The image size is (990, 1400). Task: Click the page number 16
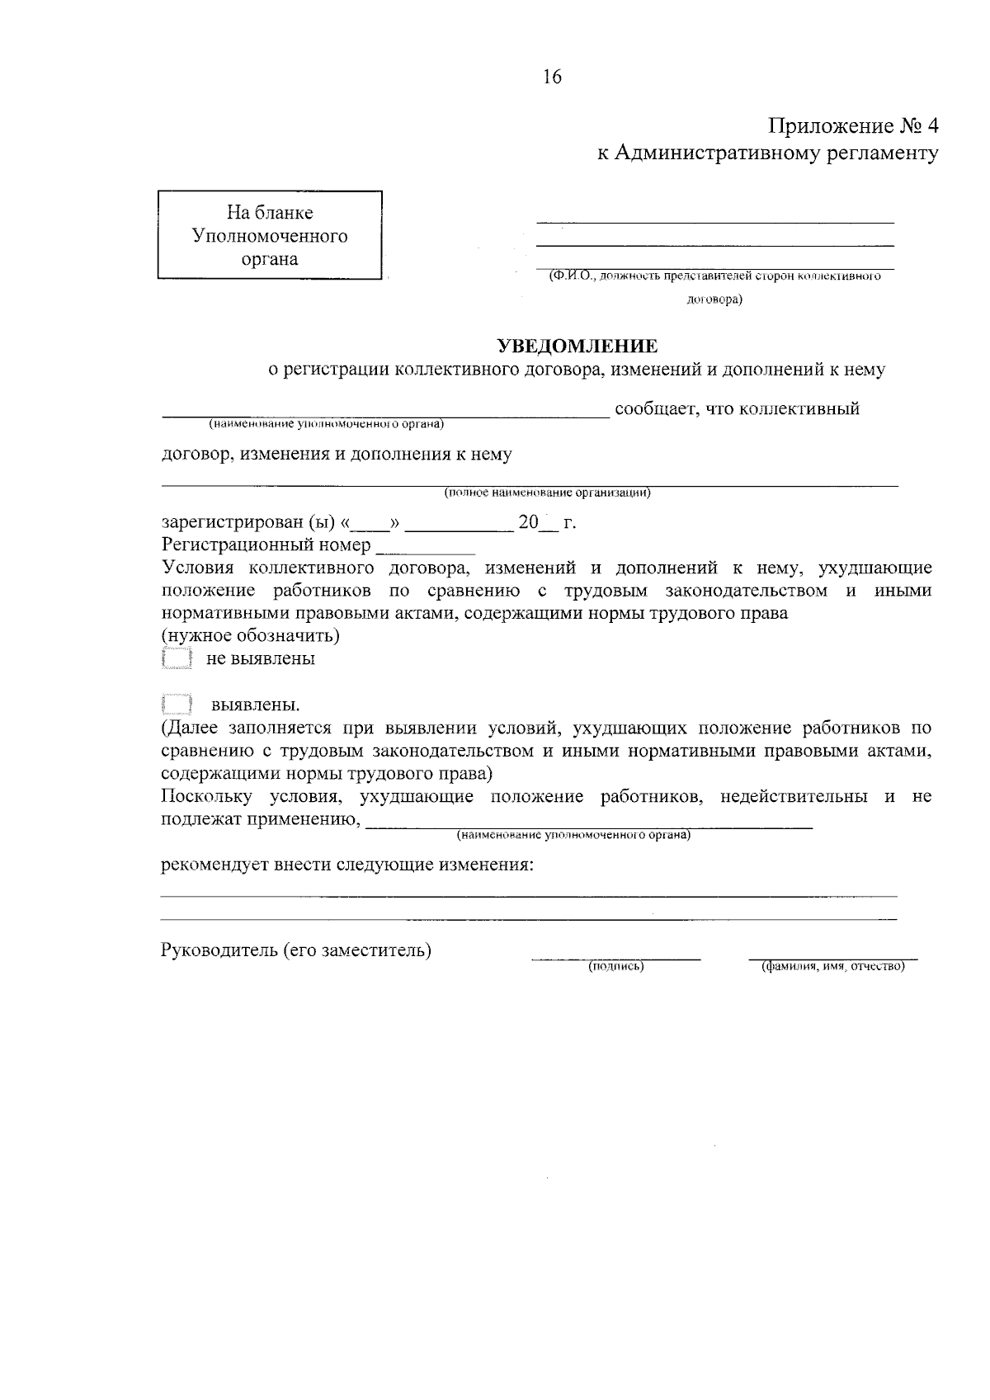552,78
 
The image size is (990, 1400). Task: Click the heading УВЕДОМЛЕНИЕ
577,346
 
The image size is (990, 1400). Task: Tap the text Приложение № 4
854,126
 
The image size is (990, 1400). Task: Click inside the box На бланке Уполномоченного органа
270,236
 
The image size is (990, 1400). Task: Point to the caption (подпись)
615,966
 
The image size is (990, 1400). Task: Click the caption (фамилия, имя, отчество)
832,966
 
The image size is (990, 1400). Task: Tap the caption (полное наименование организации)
548,493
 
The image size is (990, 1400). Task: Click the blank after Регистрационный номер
426,547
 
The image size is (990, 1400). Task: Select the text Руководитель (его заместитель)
296,950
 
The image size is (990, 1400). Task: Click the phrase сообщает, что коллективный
737,408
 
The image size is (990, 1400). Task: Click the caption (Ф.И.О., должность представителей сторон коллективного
714,276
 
